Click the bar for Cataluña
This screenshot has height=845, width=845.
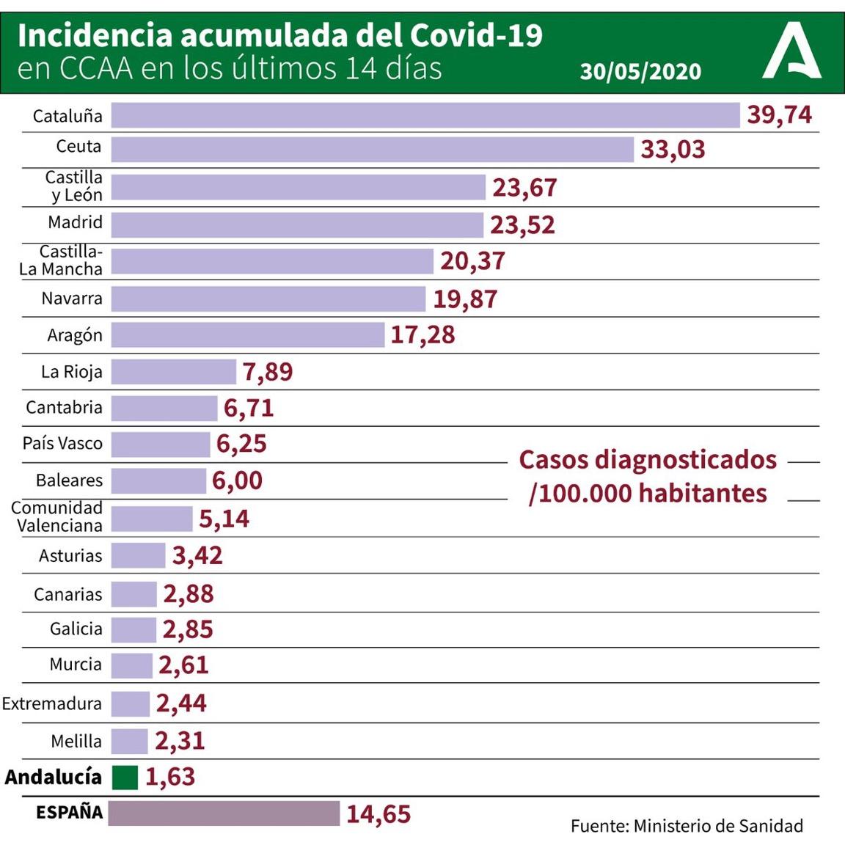[425, 115]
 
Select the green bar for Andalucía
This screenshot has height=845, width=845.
[125, 778]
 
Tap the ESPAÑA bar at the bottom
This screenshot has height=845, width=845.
[224, 813]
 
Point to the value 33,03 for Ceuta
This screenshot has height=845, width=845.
[673, 150]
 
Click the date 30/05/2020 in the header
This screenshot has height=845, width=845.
[640, 71]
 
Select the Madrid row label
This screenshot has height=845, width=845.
[75, 223]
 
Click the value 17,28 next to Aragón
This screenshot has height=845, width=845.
[422, 335]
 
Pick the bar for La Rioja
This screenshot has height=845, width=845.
[174, 372]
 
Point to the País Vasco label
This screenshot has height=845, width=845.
[62, 444]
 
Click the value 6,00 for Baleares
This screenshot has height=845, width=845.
[237, 481]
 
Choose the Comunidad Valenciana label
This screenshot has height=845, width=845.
[57, 517]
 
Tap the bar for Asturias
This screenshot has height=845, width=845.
[139, 555]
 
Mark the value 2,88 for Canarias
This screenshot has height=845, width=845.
[189, 594]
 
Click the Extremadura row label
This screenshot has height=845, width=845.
[52, 704]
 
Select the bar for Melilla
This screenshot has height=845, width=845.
[130, 742]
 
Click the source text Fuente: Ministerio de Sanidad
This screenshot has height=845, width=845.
[687, 826]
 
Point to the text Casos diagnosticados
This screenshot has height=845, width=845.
[648, 460]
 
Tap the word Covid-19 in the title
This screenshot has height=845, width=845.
[476, 34]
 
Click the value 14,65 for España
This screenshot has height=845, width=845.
[378, 814]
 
